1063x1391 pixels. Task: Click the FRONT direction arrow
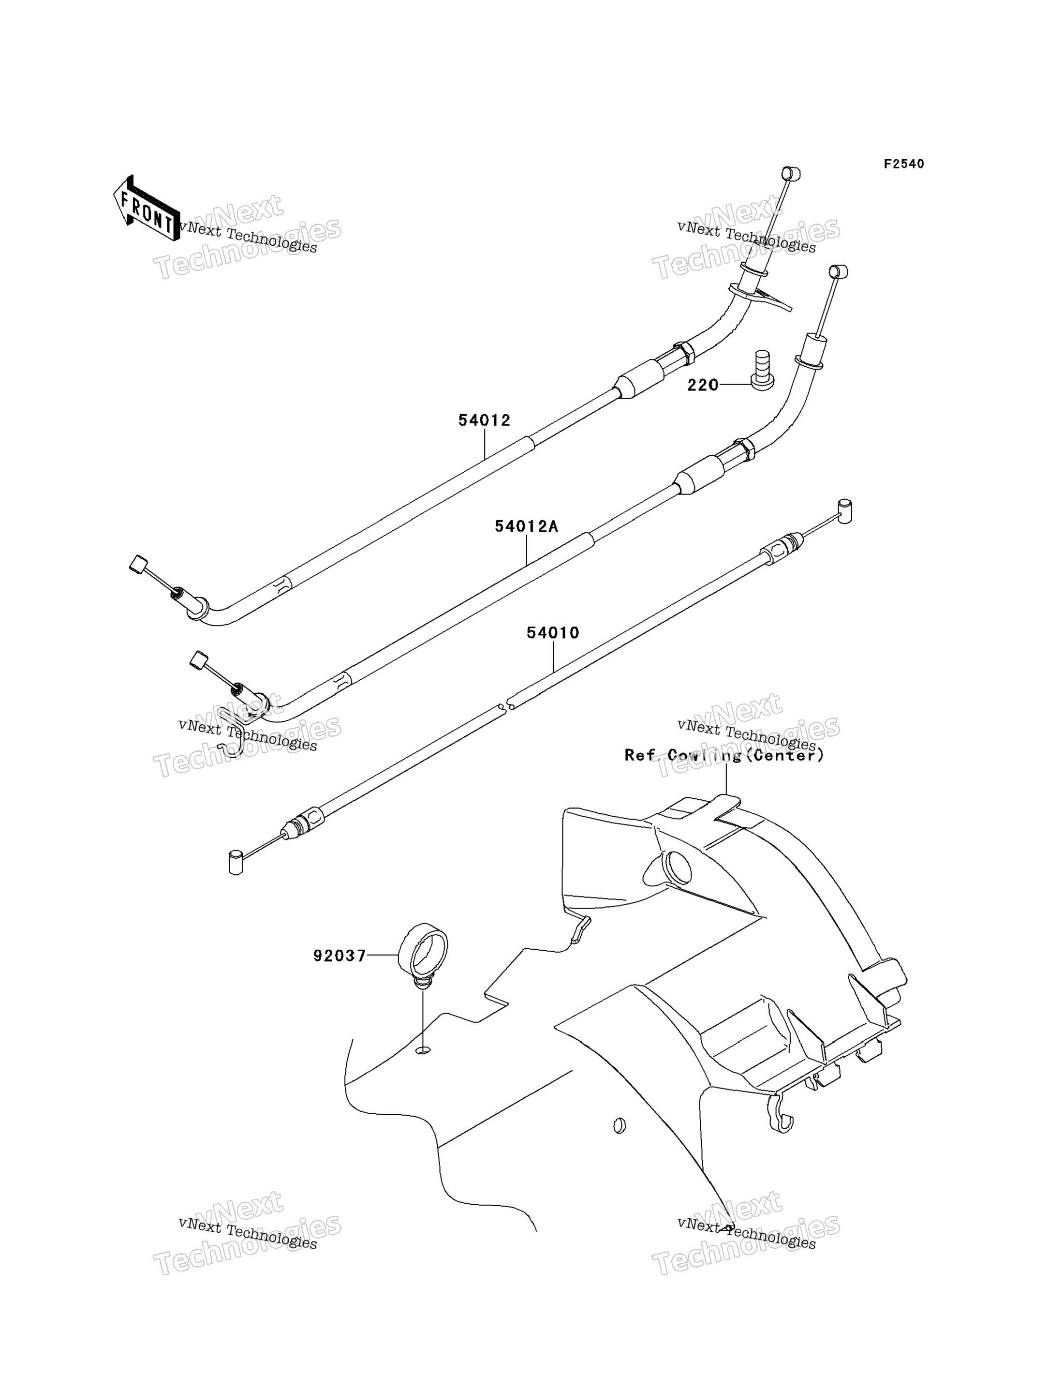146,208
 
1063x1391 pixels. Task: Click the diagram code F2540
904,164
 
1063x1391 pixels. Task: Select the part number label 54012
485,420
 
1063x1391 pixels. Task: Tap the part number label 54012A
527,526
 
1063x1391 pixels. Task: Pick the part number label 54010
553,632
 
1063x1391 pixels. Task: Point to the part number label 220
703,385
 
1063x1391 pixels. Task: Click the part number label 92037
340,956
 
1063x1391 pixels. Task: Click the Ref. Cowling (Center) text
724,755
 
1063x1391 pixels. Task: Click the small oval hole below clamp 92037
423,1050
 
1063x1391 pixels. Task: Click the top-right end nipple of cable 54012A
839,272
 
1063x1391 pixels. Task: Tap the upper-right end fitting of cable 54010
845,511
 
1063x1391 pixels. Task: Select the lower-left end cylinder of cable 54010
236,863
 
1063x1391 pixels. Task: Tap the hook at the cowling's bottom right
781,1119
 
